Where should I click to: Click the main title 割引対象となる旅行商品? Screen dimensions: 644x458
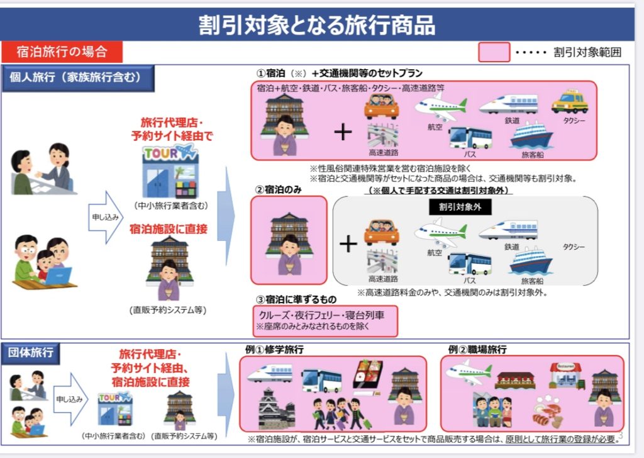pos(317,25)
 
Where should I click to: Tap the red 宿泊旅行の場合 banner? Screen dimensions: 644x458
pos(62,52)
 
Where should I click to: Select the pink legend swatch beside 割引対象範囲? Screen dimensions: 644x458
pos(494,52)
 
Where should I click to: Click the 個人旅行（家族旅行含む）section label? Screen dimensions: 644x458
pos(78,77)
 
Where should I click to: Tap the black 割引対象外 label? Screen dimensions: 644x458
pos(460,206)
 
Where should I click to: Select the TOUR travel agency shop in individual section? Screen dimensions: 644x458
pos(170,171)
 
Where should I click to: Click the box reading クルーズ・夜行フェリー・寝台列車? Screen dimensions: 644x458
pos(325,320)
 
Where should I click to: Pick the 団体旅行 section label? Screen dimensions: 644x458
pos(31,353)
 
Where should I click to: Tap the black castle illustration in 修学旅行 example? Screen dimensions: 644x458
pos(277,409)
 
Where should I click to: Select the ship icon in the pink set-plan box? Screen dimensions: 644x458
pos(531,135)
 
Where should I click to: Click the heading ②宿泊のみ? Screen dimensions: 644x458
pos(279,189)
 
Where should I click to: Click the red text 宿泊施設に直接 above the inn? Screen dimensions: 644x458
pos(169,229)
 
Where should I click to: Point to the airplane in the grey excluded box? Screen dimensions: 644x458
pos(440,233)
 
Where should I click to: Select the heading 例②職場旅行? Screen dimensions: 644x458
pos(478,350)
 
